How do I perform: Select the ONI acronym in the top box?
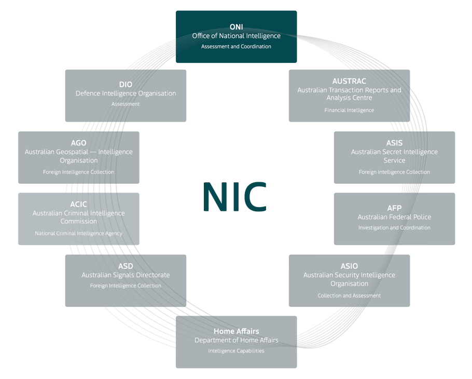pyautogui.click(x=237, y=27)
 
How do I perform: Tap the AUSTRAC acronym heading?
pyautogui.click(x=349, y=81)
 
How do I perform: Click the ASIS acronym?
pyautogui.click(x=394, y=143)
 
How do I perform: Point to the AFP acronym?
pyautogui.click(x=394, y=208)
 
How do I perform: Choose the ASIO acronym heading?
pyautogui.click(x=349, y=266)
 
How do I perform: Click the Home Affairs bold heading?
pyautogui.click(x=236, y=331)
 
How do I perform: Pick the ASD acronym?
pyautogui.click(x=126, y=266)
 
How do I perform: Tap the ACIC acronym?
pyautogui.click(x=78, y=204)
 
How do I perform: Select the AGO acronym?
pyautogui.click(x=78, y=143)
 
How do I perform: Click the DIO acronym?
pyautogui.click(x=126, y=85)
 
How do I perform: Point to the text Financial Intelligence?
pyautogui.click(x=349, y=110)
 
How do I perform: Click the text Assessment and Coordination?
pyautogui.click(x=236, y=46)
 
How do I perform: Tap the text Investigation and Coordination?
pyautogui.click(x=394, y=227)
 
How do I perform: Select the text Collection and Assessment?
pyautogui.click(x=349, y=295)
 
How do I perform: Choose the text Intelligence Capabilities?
pyautogui.click(x=236, y=350)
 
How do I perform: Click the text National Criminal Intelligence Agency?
pyautogui.click(x=78, y=233)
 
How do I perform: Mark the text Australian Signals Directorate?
pyautogui.click(x=126, y=275)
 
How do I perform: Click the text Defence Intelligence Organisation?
pyautogui.click(x=126, y=93)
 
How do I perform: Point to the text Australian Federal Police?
pyautogui.click(x=394, y=217)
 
